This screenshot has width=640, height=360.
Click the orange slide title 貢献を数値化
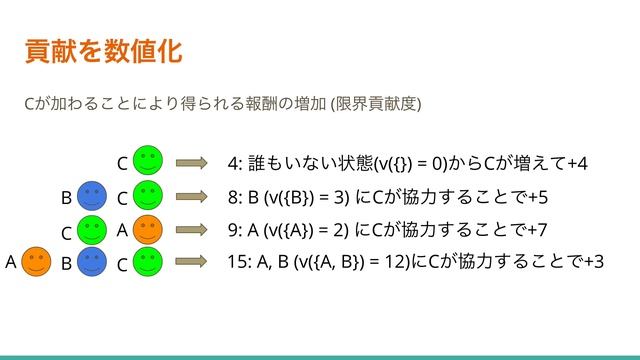point(103,50)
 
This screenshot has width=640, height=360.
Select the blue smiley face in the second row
point(92,195)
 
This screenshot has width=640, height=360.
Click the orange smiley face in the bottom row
point(36,262)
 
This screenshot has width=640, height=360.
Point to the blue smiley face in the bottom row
point(92,262)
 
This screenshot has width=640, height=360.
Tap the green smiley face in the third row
point(92,229)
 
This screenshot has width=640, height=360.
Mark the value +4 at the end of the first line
point(576,163)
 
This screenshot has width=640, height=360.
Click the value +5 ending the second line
point(539,197)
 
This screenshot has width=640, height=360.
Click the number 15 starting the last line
point(237,263)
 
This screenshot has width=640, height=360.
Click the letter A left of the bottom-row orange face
point(10,263)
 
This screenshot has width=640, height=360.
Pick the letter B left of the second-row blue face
point(66,197)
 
